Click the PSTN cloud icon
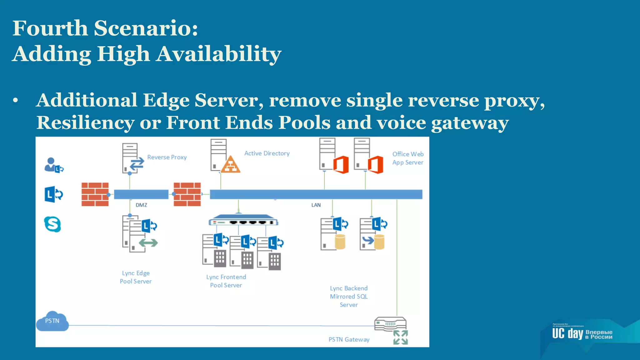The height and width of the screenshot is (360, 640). (52, 321)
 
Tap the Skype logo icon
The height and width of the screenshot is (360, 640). (52, 224)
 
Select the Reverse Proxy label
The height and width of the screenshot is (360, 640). (167, 157)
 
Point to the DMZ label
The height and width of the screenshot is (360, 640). (141, 205)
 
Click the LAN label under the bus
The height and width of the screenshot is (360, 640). (316, 205)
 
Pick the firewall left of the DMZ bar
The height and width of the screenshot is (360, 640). (95, 194)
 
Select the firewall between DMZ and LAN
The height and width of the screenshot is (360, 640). (187, 194)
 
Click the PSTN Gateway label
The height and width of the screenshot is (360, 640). (349, 340)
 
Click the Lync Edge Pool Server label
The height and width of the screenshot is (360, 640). (136, 277)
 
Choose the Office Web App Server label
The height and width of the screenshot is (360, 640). (408, 158)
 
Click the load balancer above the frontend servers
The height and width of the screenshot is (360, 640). (243, 220)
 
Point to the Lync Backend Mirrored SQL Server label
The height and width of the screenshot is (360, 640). (349, 296)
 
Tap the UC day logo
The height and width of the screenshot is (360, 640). (582, 334)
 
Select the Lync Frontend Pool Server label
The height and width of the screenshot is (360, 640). (226, 281)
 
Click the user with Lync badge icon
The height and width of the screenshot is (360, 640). (53, 165)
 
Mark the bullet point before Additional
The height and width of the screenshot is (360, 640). (16, 101)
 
